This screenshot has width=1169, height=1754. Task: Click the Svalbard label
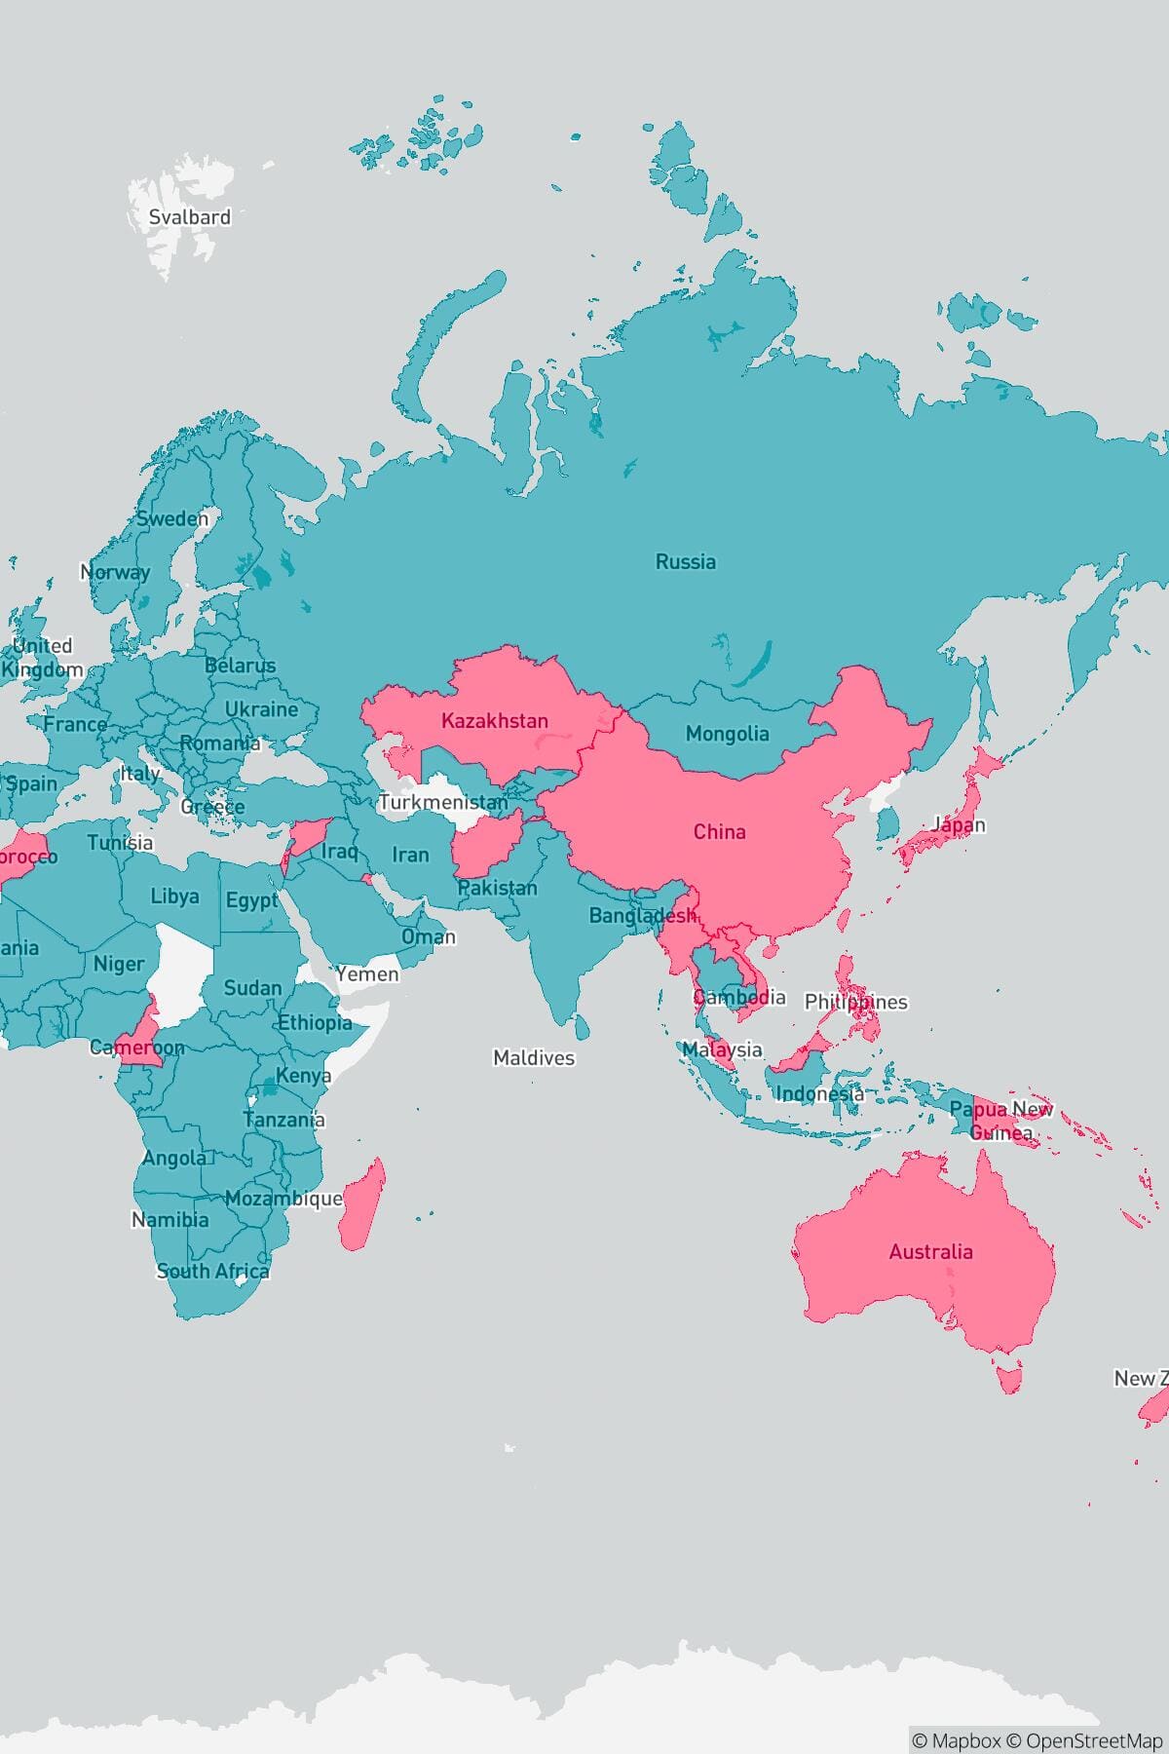pyautogui.click(x=189, y=217)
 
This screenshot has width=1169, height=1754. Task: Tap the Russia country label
pyautogui.click(x=685, y=561)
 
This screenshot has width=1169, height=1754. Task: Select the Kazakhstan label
pyautogui.click(x=494, y=721)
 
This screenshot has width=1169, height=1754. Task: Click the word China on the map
pyautogui.click(x=719, y=832)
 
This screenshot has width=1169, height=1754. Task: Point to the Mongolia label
pyautogui.click(x=727, y=735)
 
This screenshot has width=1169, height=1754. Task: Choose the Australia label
pyautogui.click(x=930, y=1252)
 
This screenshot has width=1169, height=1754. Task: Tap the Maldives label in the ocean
pyautogui.click(x=533, y=1058)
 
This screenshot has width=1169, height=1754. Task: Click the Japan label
pyautogui.click(x=959, y=825)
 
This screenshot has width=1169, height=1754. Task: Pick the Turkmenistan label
pyautogui.click(x=443, y=803)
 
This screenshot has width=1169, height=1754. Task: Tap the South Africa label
pyautogui.click(x=212, y=1272)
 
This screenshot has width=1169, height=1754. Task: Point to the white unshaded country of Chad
pyautogui.click(x=185, y=970)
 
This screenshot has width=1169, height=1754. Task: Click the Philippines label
pyautogui.click(x=855, y=1002)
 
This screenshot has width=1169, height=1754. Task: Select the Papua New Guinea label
pyautogui.click(x=1000, y=1121)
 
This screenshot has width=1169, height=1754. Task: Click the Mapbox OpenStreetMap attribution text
pyautogui.click(x=1037, y=1740)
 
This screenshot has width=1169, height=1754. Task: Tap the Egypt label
pyautogui.click(x=251, y=900)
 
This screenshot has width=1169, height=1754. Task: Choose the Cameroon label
pyautogui.click(x=136, y=1049)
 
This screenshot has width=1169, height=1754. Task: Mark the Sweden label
pyautogui.click(x=172, y=519)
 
